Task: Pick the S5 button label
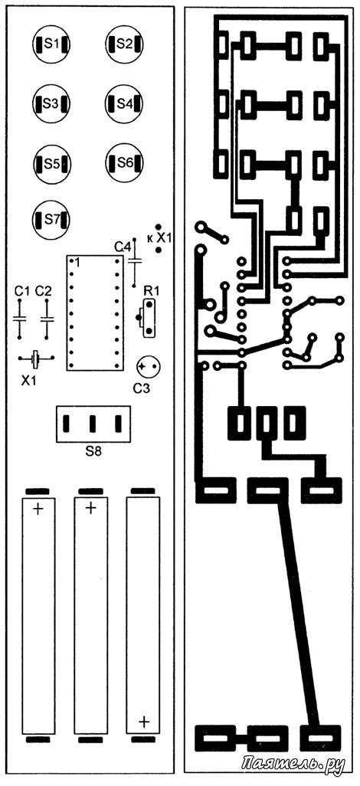(51, 163)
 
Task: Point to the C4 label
(123, 247)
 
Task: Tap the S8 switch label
(93, 451)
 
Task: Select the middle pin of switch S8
(93, 424)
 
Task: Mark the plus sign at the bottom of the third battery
(144, 722)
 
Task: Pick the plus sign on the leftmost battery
(38, 509)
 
